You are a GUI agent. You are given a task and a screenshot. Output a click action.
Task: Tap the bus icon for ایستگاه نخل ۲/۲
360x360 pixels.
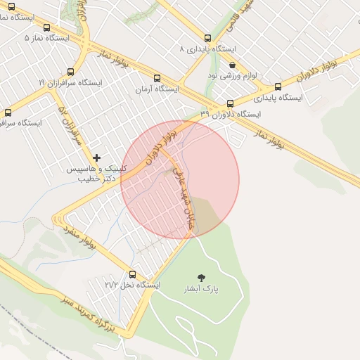pyautogui.click(x=132, y=275)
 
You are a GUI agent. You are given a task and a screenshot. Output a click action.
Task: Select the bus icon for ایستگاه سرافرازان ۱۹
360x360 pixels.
pyautogui.click(x=70, y=72)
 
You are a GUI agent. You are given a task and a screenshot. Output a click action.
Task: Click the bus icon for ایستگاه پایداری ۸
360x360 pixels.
pyautogui.click(x=207, y=39)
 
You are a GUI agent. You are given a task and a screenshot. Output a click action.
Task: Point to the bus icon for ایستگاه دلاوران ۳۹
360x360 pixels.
pyautogui.click(x=231, y=103)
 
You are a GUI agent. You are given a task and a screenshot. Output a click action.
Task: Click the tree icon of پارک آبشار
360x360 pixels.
pyautogui.click(x=202, y=278)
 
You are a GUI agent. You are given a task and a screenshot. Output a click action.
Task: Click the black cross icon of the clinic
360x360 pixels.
pyautogui.click(x=96, y=157)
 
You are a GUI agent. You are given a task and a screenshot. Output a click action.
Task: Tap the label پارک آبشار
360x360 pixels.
pyautogui.click(x=202, y=289)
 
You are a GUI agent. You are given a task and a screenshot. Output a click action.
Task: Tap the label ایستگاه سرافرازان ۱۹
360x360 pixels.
pyautogui.click(x=70, y=82)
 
